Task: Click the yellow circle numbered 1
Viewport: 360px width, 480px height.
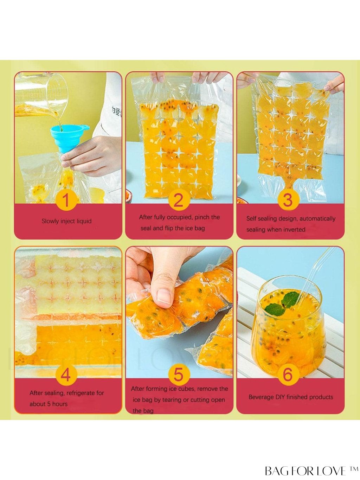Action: pos(66,200)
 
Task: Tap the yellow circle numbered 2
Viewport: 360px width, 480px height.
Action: pos(179,200)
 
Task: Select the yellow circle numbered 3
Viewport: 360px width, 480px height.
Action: pos(288,200)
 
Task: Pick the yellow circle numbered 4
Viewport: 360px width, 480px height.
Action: pos(66,375)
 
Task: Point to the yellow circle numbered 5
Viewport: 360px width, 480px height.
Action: pos(179,375)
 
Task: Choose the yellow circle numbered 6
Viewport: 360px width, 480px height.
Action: pos(288,375)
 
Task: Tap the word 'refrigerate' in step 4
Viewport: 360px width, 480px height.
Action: pos(79,393)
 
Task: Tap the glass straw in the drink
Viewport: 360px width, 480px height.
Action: pos(317,276)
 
